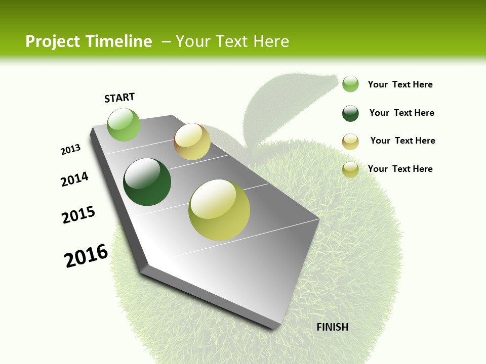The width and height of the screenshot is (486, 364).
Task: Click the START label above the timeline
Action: tap(119, 98)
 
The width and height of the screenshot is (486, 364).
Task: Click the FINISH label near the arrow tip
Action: tap(332, 327)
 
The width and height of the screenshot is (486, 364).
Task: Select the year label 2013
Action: tap(70, 150)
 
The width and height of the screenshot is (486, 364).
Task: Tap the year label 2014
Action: tap(74, 179)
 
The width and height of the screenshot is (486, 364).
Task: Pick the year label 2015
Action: tap(78, 214)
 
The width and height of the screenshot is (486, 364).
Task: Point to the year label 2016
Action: tap(86, 256)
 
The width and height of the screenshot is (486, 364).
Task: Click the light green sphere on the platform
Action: tap(124, 124)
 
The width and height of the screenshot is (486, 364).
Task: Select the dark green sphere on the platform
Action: tap(147, 182)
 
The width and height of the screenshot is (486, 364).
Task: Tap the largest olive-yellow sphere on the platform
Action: tap(219, 210)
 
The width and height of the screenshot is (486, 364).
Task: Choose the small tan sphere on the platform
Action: tap(192, 142)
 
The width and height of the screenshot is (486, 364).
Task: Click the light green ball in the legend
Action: tap(350, 84)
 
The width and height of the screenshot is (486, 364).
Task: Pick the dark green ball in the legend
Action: tap(350, 113)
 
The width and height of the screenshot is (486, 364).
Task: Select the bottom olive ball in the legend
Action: tap(350, 169)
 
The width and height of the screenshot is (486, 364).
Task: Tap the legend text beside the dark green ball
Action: tap(401, 113)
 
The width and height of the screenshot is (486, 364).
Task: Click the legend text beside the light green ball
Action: tap(400, 84)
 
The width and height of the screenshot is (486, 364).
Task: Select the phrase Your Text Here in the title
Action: tap(232, 41)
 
